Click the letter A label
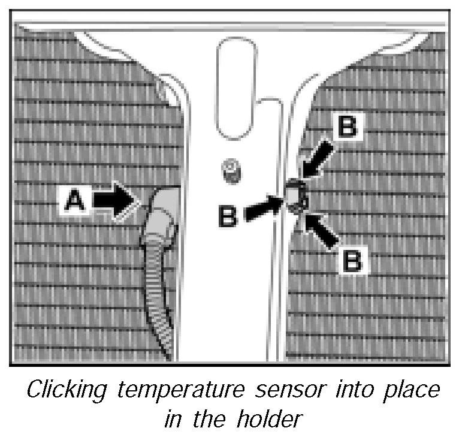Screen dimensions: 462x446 click(x=75, y=200)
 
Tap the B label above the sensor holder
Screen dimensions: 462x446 click(x=348, y=126)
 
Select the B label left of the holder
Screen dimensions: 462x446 click(x=228, y=216)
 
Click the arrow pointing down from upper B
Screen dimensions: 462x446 click(x=318, y=159)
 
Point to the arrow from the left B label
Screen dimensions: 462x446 click(x=264, y=208)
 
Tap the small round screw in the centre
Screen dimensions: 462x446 click(x=231, y=171)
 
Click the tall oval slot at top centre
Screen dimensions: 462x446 click(x=235, y=89)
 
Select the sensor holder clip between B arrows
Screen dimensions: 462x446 click(x=296, y=195)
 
